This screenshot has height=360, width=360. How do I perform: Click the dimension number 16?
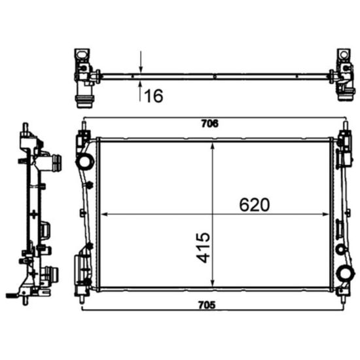pyautogui.click(x=153, y=96)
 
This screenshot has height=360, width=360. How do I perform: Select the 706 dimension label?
pyautogui.click(x=209, y=123)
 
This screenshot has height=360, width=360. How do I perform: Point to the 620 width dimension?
pyautogui.click(x=254, y=204)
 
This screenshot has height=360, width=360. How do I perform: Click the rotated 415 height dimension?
pyautogui.click(x=204, y=247)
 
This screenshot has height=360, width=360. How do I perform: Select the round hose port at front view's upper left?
pyautogui.click(x=84, y=161)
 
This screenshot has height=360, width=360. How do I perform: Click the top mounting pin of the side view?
pyautogui.click(x=25, y=126)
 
